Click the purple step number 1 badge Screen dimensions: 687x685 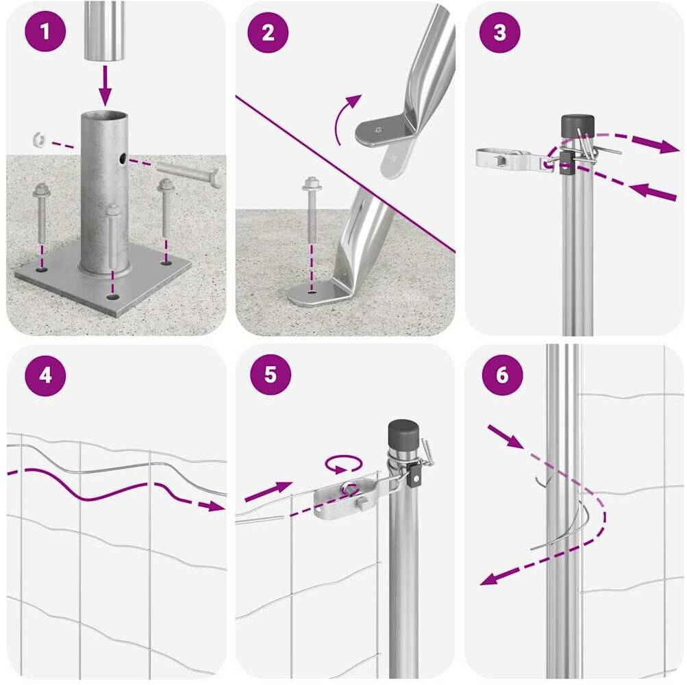point(45,32)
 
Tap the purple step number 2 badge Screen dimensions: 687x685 point(268,32)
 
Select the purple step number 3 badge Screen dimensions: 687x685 point(500,32)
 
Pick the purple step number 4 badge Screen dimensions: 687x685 point(45,376)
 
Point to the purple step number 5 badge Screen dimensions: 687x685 point(271,375)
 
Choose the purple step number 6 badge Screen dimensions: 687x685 point(502,375)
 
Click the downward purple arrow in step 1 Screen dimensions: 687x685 point(105,85)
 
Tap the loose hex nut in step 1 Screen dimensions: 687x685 point(40,140)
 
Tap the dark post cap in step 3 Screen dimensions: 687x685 point(577,126)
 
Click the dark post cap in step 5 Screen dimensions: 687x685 point(404,434)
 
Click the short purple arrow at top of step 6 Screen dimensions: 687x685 point(505,437)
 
